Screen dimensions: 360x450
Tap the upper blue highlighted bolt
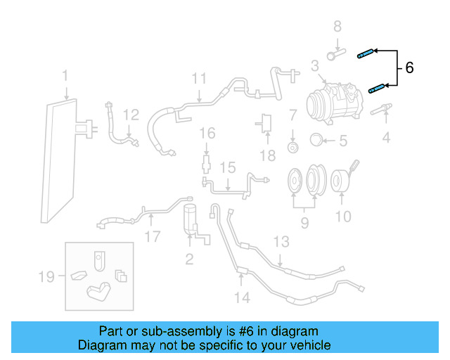coord(365,53)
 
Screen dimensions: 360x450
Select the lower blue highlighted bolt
coord(378,89)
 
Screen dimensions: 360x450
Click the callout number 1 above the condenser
coord(65,75)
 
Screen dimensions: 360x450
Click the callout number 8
coord(337,27)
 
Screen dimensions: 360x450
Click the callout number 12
coord(131,115)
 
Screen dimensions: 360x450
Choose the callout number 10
coord(342,217)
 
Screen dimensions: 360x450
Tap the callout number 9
coord(304,224)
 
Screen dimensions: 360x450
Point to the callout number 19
coord(46,277)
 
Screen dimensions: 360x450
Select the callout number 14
coord(241,297)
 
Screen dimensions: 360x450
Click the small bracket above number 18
coord(267,122)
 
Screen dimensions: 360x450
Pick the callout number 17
coord(152,237)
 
